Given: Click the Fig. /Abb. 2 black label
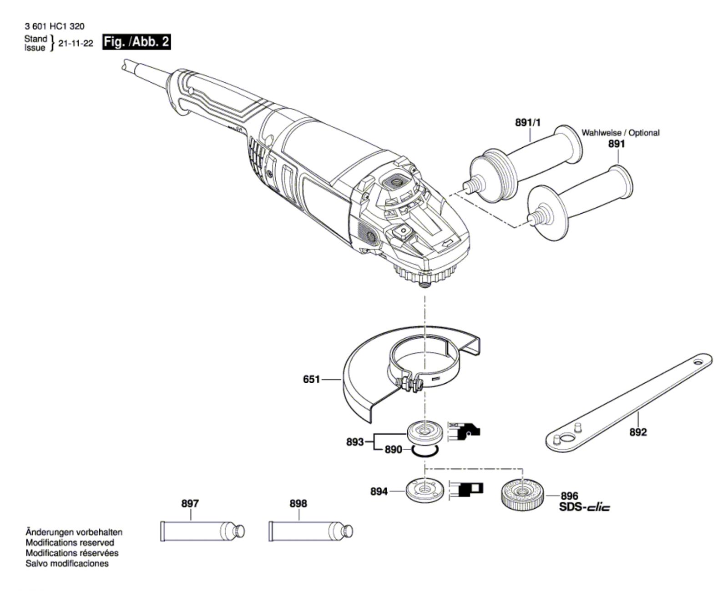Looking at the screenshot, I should tap(136, 42).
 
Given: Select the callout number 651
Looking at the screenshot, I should tap(312, 379).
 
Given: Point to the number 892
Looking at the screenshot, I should tap(638, 432).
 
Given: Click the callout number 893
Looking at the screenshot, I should tap(355, 441).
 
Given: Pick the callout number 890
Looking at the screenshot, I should tap(393, 450).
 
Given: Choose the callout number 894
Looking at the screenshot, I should tap(379, 491).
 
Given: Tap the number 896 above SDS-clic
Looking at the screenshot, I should tap(569, 496).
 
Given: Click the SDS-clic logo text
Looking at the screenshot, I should tap(585, 507).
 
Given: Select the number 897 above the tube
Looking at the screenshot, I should tap(190, 503).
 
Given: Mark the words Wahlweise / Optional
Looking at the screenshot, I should tap(620, 133).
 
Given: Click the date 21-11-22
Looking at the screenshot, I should tap(76, 44).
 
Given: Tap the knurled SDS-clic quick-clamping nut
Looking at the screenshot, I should tap(522, 493).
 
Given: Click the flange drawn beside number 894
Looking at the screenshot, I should tap(424, 490).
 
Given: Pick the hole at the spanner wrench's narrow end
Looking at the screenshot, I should tap(698, 362).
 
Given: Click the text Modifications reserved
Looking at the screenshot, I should tap(70, 542).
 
